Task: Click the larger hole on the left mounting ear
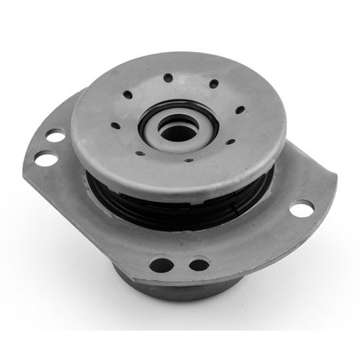pyautogui.click(x=46, y=159)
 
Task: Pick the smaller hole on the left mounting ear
pyautogui.click(x=55, y=137)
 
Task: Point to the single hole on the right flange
pyautogui.click(x=301, y=208)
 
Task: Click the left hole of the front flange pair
pyautogui.click(x=160, y=264)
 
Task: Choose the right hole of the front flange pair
pyautogui.click(x=199, y=265)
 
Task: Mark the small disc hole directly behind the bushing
pyautogui.click(x=167, y=78)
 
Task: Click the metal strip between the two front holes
pyautogui.click(x=179, y=265)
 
